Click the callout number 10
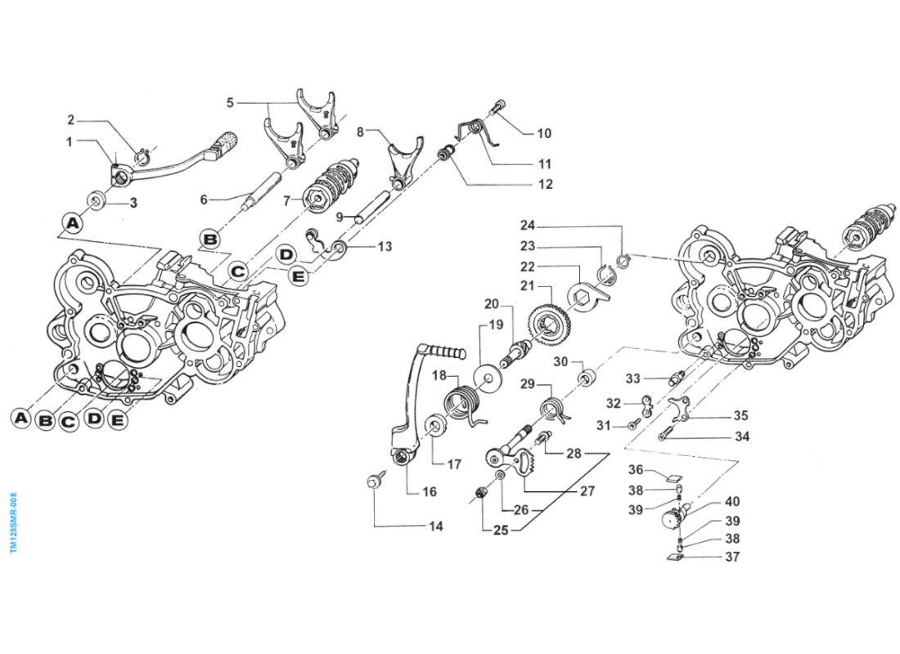point(544,133)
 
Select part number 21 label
point(527,286)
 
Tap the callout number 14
point(436,526)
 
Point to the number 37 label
point(731,557)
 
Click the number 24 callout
point(527,225)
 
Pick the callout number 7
point(286,199)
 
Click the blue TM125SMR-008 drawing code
point(13,523)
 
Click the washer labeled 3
point(97,199)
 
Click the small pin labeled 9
point(359,217)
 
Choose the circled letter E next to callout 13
point(299,277)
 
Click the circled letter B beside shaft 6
point(210,240)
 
